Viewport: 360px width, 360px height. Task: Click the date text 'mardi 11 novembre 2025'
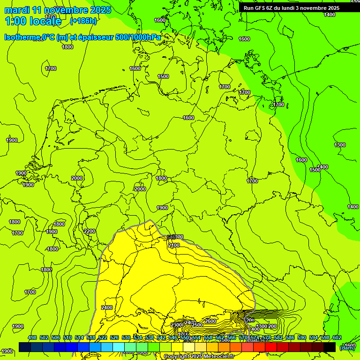[x=58, y=10]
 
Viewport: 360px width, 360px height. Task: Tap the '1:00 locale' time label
[x=33, y=21]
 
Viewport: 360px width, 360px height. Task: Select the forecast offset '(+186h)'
[x=83, y=21]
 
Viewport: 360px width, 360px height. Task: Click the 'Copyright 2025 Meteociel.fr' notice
[x=199, y=356]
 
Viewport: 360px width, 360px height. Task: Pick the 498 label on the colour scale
[x=32, y=337]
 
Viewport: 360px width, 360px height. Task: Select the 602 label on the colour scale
[x=337, y=337]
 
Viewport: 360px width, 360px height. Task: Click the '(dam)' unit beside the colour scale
[x=347, y=347]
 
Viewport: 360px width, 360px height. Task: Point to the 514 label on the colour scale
[x=79, y=337]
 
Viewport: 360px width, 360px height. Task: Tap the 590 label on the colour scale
[x=302, y=337]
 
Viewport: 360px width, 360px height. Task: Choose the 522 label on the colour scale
[x=103, y=337]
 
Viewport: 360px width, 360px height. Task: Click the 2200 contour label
[x=90, y=231]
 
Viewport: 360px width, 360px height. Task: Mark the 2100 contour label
[x=174, y=245]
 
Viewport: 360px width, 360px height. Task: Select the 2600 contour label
[x=210, y=321]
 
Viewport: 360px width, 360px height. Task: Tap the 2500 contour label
[x=197, y=325]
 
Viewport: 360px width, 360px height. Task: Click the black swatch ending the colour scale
[x=330, y=347]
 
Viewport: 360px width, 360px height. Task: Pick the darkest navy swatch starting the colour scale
[x=25, y=347]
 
